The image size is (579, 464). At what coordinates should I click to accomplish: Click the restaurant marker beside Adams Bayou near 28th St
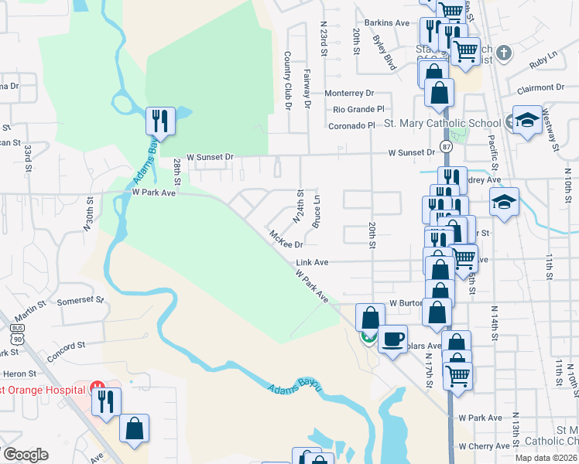160,121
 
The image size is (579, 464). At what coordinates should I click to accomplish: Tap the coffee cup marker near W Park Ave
392,338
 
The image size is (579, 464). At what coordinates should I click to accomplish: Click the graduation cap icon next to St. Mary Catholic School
527,119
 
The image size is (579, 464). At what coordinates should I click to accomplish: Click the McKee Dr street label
284,238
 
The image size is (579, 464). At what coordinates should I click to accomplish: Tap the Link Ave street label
312,263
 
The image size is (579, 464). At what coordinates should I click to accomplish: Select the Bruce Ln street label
316,210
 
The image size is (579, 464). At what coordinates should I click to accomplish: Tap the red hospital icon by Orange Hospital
98,386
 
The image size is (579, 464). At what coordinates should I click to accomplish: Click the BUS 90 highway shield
17,334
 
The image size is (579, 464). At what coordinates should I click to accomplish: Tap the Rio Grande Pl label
356,109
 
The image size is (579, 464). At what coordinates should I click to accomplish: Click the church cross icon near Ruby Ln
504,53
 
